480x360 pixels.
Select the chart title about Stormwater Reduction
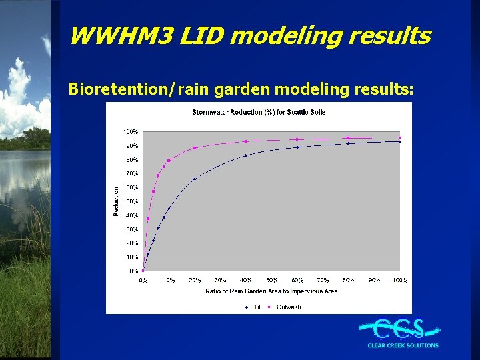[x=259, y=112]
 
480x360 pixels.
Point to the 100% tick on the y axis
[x=130, y=131]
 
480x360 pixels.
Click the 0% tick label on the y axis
[x=133, y=271]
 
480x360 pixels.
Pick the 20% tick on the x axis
[x=195, y=280]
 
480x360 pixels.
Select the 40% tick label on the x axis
[x=246, y=280]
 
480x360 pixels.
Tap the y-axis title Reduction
[x=116, y=201]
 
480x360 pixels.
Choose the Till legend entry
[x=254, y=307]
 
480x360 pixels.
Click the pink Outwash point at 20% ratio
[x=195, y=148]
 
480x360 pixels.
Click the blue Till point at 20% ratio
[x=195, y=179]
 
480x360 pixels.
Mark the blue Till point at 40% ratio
[x=246, y=155]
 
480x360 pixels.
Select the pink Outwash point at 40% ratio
[x=246, y=141]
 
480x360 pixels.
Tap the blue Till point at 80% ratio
[x=348, y=143]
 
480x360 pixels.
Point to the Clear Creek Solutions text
[x=403, y=345]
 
